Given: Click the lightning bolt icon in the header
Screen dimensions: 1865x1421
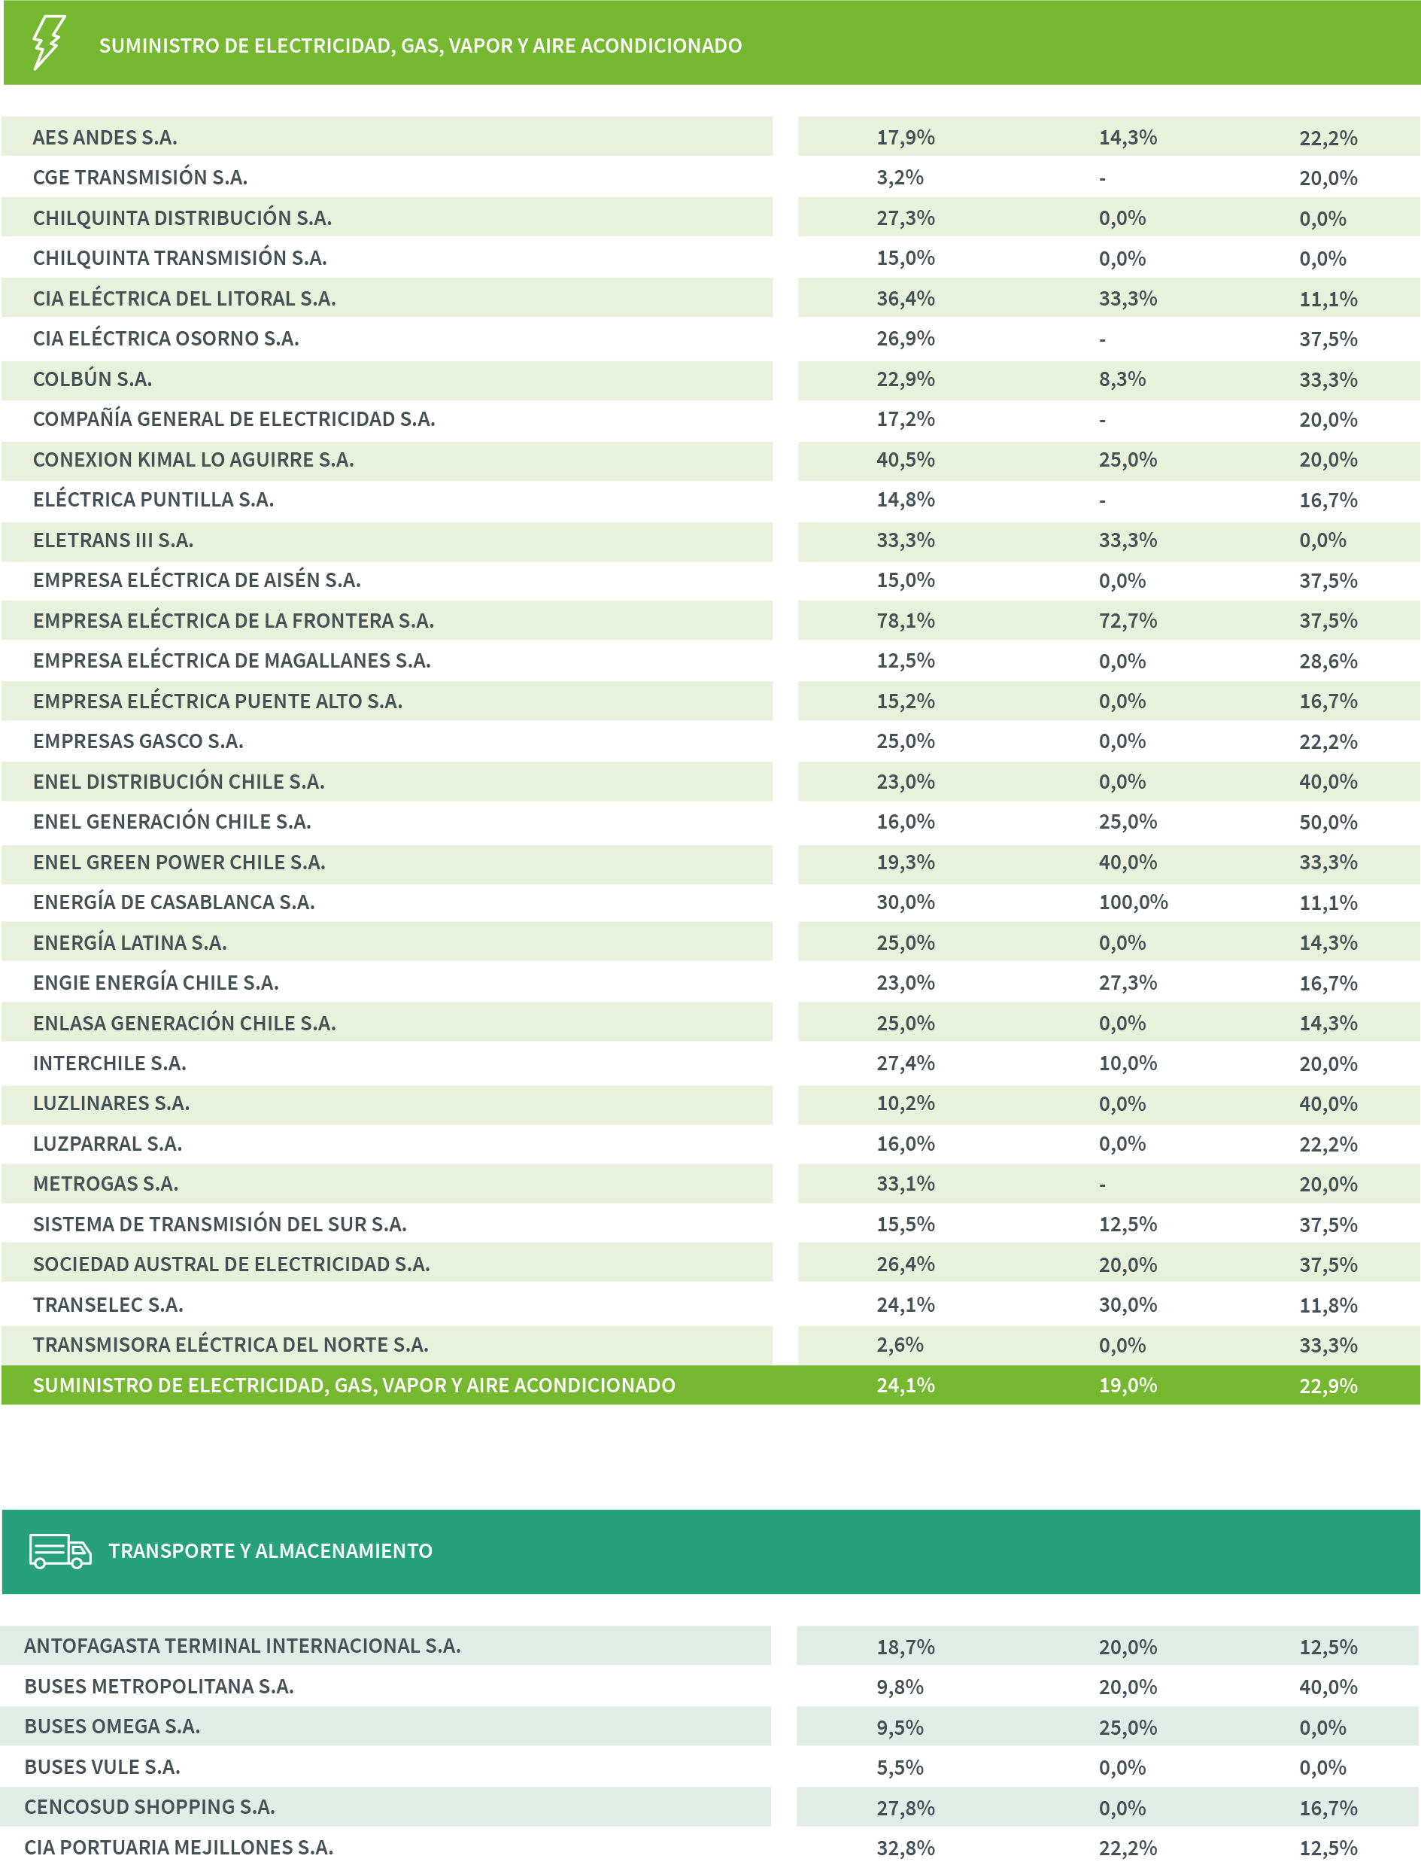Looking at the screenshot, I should [x=48, y=42].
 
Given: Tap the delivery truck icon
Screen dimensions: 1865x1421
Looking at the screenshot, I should [x=60, y=1551].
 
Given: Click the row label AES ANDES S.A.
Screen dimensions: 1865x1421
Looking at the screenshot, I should [x=105, y=137].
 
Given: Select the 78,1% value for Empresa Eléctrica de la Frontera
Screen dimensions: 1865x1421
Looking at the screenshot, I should [x=905, y=620].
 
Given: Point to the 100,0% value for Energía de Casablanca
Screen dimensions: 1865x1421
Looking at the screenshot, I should [x=1133, y=902].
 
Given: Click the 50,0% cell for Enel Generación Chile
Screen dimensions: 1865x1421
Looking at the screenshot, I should [x=1328, y=822].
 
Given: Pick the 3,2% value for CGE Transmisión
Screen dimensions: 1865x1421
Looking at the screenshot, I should [x=899, y=178].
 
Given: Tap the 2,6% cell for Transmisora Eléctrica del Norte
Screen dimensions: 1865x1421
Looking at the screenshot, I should [x=899, y=1345].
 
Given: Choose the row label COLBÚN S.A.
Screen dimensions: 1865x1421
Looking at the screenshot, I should [x=93, y=379].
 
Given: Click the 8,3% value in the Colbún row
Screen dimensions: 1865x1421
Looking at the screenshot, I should [x=1122, y=379].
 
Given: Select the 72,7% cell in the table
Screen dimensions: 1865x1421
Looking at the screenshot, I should [x=1128, y=620].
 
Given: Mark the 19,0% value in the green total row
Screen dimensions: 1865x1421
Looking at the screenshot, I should [x=1128, y=1386].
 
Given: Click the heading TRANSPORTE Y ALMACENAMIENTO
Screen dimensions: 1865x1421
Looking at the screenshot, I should [x=270, y=1551].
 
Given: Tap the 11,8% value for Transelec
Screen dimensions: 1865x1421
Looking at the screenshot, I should [x=1328, y=1305].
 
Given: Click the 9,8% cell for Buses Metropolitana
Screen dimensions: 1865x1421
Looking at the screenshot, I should [x=899, y=1687].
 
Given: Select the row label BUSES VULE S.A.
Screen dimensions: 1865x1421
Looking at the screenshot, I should [x=102, y=1767].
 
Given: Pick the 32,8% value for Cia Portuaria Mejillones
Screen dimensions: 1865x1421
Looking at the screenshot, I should [x=905, y=1848].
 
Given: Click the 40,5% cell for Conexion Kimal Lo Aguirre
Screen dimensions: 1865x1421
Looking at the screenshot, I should [x=905, y=460].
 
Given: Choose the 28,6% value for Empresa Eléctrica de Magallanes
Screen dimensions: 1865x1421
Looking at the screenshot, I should [x=1328, y=661].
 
